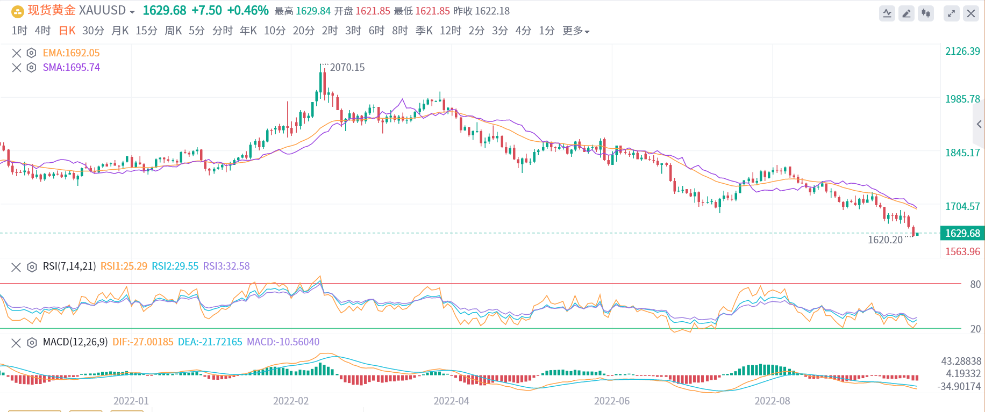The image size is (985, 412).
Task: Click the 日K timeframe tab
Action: [67, 31]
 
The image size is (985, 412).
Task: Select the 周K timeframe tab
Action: [173, 31]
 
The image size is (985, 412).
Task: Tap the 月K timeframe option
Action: [120, 31]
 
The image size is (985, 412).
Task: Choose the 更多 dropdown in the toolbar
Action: [576, 31]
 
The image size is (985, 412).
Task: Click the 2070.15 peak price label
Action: [347, 67]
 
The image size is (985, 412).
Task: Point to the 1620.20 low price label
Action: [885, 240]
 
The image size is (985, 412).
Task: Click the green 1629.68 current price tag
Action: [962, 233]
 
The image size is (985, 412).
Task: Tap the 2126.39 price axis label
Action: [962, 51]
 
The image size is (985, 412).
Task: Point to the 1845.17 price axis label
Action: [962, 153]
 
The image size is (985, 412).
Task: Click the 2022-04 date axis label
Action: [451, 401]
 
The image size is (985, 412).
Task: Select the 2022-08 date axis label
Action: [772, 401]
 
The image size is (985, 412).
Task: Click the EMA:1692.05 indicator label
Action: [71, 53]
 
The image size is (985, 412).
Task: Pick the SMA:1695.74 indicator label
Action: [71, 67]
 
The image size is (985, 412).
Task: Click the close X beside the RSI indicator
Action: [16, 267]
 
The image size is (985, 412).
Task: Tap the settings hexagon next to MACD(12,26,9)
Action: [32, 343]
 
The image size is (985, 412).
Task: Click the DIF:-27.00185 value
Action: [142, 342]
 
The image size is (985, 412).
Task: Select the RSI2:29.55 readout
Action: [175, 266]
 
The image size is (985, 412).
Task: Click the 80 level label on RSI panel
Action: [975, 284]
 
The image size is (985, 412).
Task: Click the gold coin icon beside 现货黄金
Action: [18, 11]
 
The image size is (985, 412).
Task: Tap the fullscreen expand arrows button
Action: [951, 13]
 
